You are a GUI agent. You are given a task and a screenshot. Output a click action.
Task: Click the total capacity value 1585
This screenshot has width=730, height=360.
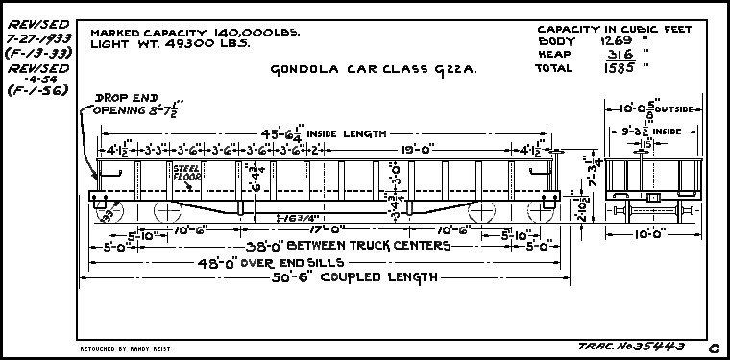(x=618, y=68)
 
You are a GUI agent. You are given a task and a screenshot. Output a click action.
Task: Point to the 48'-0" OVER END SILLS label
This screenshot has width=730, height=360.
(x=234, y=261)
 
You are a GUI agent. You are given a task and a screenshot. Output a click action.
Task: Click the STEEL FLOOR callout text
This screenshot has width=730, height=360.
(x=185, y=173)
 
